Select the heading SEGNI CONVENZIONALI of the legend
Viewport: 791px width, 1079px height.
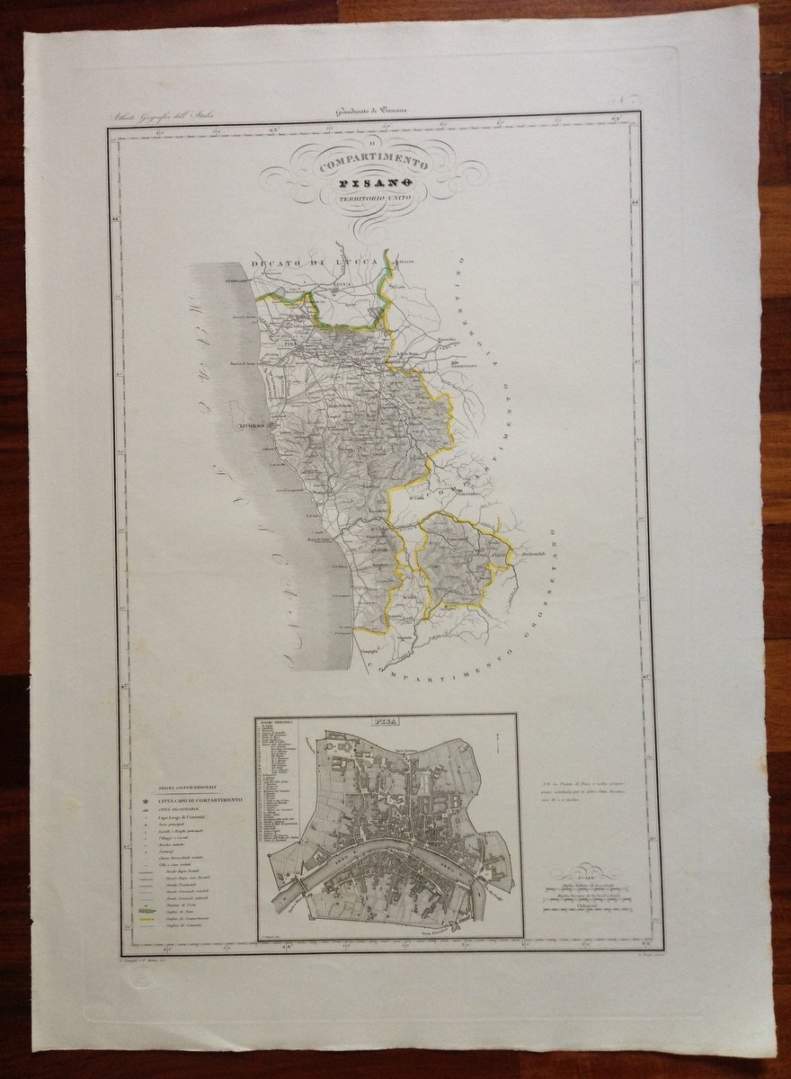click(181, 787)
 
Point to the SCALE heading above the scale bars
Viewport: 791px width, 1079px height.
click(584, 876)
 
